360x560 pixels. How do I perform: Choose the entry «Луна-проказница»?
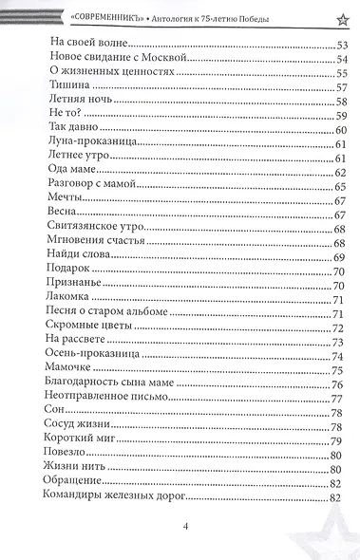click(92, 142)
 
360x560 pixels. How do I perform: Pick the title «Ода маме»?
click(72, 172)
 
